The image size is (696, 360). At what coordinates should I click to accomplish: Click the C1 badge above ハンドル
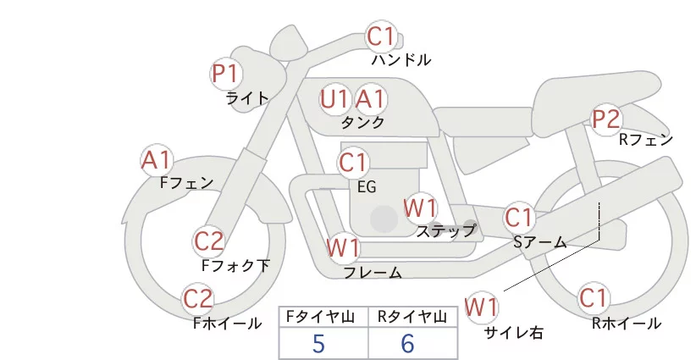381,36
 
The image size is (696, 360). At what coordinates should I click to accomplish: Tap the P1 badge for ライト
225,74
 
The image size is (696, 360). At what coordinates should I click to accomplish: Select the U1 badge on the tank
334,99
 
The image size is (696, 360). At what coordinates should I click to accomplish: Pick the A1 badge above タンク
370,99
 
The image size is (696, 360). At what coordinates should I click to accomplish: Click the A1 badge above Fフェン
157,159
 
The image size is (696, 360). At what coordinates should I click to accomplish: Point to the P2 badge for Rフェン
606,119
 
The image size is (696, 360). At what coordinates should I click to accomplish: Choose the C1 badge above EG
353,162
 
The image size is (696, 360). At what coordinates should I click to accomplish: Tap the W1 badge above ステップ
420,207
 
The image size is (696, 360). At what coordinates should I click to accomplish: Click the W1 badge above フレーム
344,248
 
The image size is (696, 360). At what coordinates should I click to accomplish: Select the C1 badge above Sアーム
518,217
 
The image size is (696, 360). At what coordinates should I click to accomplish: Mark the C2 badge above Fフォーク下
208,241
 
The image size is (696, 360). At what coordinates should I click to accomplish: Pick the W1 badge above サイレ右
483,305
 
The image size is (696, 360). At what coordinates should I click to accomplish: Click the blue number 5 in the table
318,344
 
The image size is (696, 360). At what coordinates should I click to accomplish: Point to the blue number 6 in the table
408,344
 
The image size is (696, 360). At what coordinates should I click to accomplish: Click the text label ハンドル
401,60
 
